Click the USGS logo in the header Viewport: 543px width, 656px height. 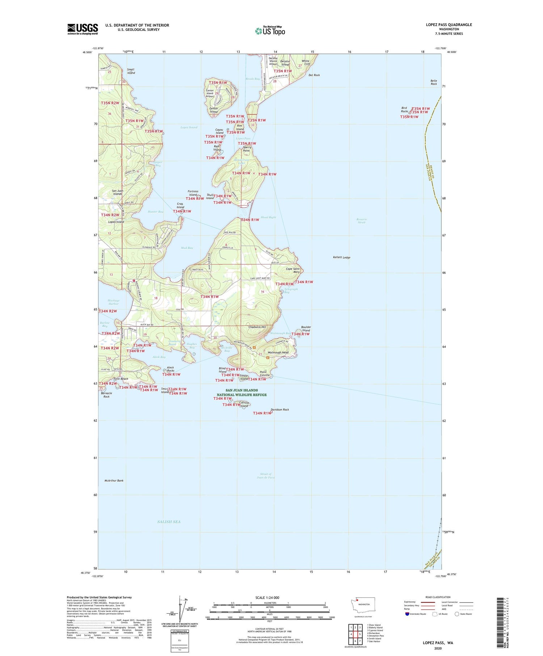(83, 29)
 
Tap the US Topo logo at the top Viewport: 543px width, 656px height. (270, 31)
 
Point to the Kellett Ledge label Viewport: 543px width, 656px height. (341, 258)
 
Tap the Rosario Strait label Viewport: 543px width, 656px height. (362, 221)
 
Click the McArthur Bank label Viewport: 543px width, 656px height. (114, 481)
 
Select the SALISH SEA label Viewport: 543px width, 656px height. (169, 522)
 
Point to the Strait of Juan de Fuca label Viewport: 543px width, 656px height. (266, 476)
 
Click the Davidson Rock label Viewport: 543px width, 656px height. (280, 410)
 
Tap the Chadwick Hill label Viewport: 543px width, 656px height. (257, 327)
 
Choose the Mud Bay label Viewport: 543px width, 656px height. (187, 248)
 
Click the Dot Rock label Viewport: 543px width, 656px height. (314, 75)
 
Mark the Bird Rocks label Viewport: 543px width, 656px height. (404, 110)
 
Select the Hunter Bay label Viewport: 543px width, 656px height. (156, 212)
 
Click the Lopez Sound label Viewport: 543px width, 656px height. (189, 127)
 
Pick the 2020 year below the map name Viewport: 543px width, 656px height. (438, 648)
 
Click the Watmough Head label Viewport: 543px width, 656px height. (278, 352)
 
